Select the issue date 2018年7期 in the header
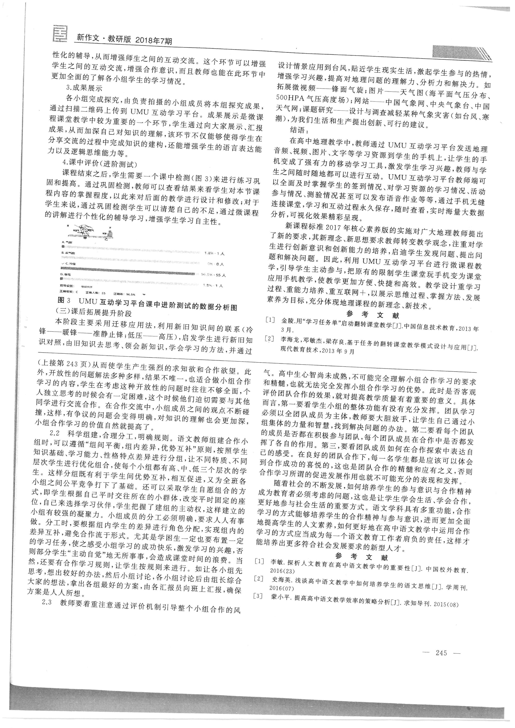(x=153, y=41)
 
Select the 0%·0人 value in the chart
(x=215, y=264)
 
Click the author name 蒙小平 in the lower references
(x=278, y=596)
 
